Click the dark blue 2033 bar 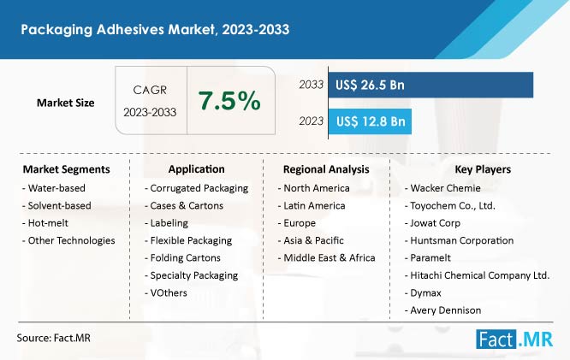point(430,85)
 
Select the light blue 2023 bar point(370,121)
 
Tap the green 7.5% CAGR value point(229,101)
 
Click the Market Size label point(65,103)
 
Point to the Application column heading point(196,169)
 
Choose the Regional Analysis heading point(326,169)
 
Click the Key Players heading point(483,169)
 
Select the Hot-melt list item point(45,223)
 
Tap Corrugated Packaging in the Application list point(196,188)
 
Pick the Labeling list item point(166,223)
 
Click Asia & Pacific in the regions point(311,240)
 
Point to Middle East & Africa point(326,258)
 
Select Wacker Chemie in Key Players point(442,188)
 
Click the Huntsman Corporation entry point(459,240)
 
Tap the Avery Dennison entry point(442,310)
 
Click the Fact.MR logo point(514,339)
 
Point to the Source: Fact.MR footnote point(53,338)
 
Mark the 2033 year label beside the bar point(311,85)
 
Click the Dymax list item point(423,292)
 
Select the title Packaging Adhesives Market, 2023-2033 point(155,29)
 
